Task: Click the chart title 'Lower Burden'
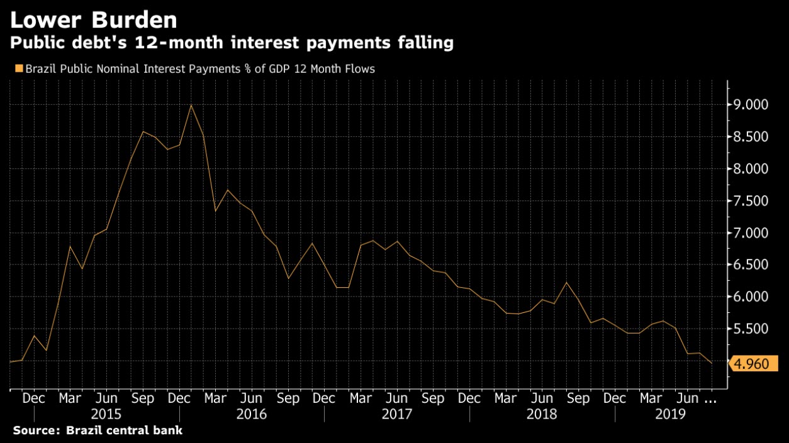tap(93, 20)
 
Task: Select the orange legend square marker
tap(18, 68)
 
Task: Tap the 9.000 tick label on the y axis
tap(752, 104)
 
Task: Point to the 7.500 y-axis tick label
tap(752, 201)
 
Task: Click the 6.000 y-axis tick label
tap(752, 297)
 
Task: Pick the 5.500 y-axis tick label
tap(752, 329)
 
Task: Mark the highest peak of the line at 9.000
tap(191, 104)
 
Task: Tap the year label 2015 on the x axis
tap(106, 414)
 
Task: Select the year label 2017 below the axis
tap(397, 414)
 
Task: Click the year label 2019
tap(671, 414)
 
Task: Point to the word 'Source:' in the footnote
tap(34, 430)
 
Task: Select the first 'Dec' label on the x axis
tap(34, 398)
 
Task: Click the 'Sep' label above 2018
tap(578, 398)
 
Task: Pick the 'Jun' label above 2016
tap(252, 398)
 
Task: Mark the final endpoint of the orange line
tap(712, 363)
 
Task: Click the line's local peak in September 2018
tap(567, 282)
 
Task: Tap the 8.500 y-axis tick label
tap(752, 136)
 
